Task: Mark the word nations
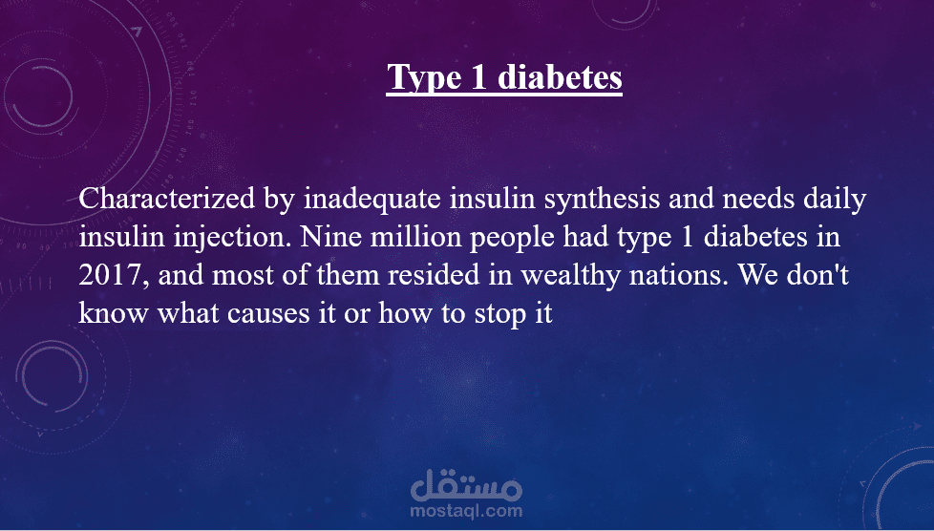click(x=679, y=275)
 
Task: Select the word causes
click(x=268, y=314)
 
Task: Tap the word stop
click(x=499, y=314)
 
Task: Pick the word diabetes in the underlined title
click(x=560, y=76)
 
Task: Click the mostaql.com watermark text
click(x=466, y=511)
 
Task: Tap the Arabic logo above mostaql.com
click(x=466, y=485)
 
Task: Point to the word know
click(x=114, y=313)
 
